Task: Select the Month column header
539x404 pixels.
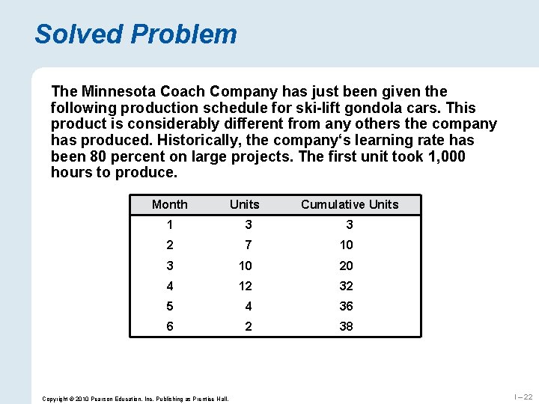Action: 170,204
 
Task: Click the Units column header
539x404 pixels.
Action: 245,204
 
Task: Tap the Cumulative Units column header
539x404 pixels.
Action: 350,204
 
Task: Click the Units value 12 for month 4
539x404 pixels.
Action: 245,286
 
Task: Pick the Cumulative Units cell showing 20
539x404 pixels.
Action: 346,266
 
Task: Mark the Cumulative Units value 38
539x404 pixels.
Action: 346,326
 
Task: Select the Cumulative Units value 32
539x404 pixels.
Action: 346,286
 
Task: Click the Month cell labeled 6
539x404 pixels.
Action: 170,326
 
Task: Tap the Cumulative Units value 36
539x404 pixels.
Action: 346,306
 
